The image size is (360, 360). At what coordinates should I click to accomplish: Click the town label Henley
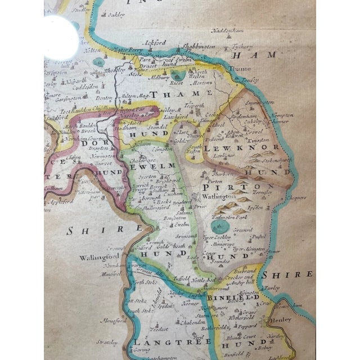coord(281,319)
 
